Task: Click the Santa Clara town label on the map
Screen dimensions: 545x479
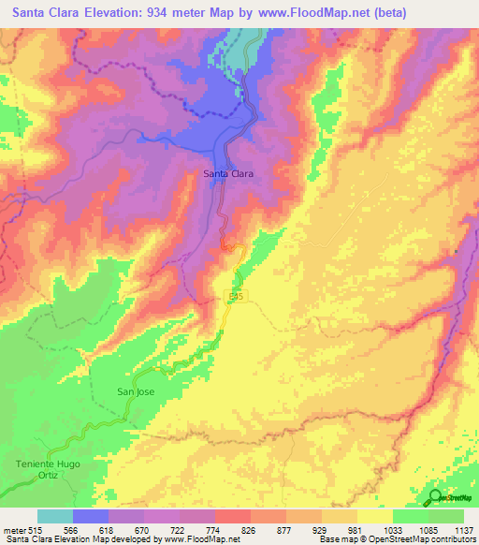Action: click(229, 173)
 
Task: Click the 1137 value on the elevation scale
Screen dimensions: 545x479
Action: click(461, 529)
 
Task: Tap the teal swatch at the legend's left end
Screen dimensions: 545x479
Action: click(55, 516)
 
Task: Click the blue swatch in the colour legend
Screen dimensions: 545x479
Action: click(91, 516)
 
